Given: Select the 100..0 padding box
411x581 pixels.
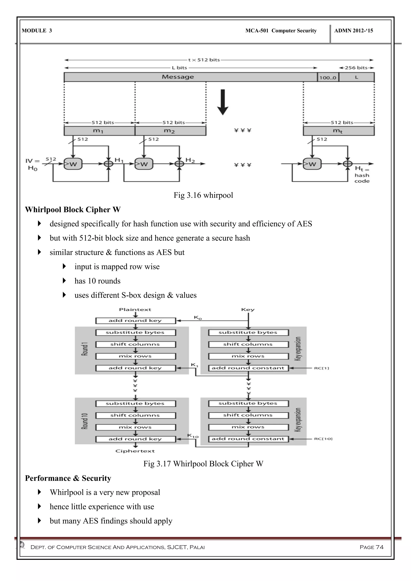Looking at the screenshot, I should click(x=328, y=77).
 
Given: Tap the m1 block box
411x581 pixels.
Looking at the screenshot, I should click(x=99, y=131).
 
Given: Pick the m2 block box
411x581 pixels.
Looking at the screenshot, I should click(x=170, y=131).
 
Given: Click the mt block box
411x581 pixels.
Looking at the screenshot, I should click(x=338, y=131).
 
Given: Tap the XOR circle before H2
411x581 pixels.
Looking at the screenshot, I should click(x=179, y=164).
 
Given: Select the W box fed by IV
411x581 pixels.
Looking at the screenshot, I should click(x=73, y=164).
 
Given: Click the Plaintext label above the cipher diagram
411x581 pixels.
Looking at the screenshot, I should click(x=135, y=310).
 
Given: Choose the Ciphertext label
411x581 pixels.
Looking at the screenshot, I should click(x=135, y=451).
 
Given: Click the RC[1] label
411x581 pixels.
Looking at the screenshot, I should click(x=321, y=368).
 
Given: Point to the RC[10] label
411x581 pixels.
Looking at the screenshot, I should click(x=323, y=439).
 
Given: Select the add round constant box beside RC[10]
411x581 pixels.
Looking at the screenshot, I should click(x=248, y=439).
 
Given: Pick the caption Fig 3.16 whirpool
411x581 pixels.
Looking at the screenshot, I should click(x=203, y=195).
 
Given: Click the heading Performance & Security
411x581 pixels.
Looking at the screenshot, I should click(x=68, y=478).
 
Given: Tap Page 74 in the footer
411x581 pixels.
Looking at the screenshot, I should click(x=371, y=547).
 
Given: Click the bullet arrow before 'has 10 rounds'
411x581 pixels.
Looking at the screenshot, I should click(x=64, y=280).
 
